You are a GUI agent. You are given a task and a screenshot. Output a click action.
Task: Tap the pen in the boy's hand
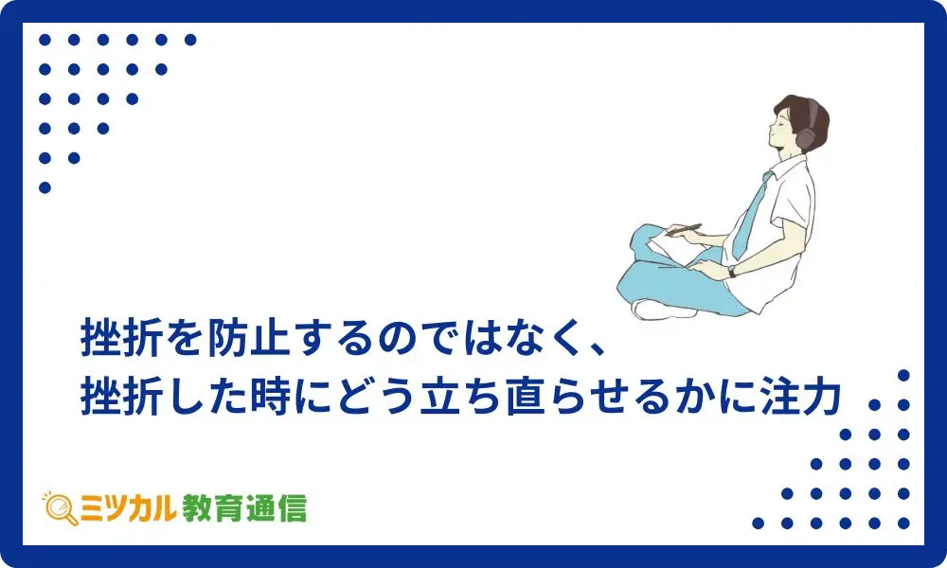click(x=683, y=229)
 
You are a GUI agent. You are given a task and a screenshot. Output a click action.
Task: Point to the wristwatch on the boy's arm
click(x=732, y=271)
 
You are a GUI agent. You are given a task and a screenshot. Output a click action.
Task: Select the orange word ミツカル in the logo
click(x=128, y=508)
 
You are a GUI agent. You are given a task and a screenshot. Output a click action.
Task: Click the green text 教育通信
click(x=244, y=508)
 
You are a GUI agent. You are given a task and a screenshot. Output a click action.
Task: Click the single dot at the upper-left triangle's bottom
click(x=45, y=187)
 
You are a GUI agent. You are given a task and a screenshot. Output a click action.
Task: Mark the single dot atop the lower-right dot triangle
click(x=903, y=376)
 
